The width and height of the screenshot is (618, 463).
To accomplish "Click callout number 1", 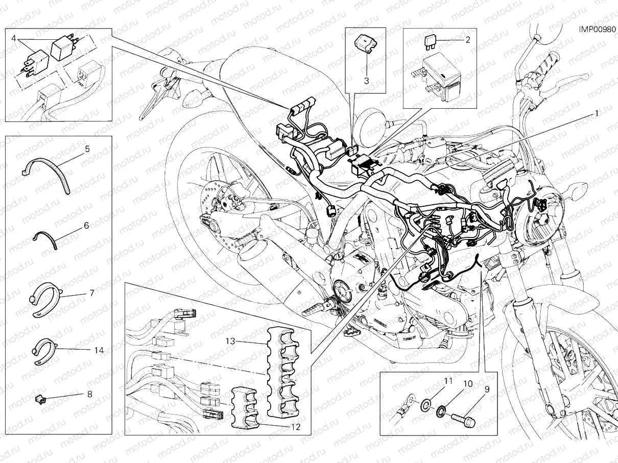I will click(x=595, y=114).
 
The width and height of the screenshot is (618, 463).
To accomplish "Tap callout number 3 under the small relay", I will click(x=366, y=80).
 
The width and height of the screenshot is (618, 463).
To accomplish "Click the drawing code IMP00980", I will click(x=597, y=30).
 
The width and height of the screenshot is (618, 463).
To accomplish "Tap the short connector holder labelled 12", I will click(x=246, y=408).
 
